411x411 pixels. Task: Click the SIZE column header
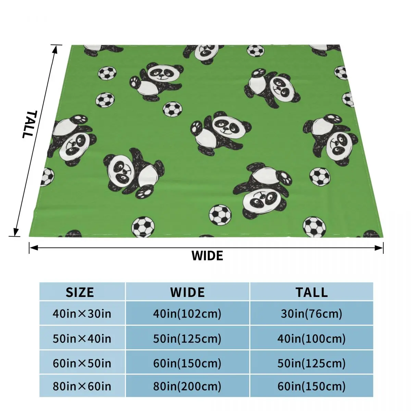(80, 292)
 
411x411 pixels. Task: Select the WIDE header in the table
(187, 292)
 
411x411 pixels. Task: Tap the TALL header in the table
(312, 292)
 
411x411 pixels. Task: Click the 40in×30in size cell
(82, 313)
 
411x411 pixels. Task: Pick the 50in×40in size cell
(82, 339)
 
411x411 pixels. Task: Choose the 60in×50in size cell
(82, 363)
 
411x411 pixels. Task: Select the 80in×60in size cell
(82, 386)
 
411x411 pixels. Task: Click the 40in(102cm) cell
(187, 313)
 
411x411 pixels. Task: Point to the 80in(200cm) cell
(187, 386)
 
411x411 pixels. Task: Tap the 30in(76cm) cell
(312, 313)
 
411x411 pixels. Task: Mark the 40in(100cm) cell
(312, 339)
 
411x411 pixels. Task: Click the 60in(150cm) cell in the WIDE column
(187, 363)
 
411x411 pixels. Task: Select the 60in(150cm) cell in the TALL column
(312, 386)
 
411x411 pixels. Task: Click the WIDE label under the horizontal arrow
(207, 256)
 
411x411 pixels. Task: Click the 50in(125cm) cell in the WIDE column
(187, 339)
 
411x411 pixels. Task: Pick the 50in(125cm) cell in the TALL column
(312, 363)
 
